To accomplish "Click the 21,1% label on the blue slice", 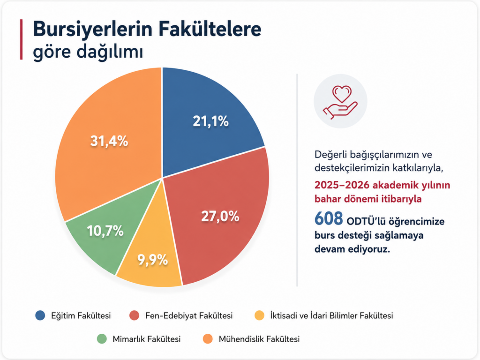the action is pyautogui.click(x=210, y=121).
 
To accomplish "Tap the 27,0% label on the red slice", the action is pyautogui.click(x=220, y=217).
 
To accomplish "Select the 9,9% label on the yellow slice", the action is pyautogui.click(x=152, y=260).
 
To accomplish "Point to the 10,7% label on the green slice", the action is pyautogui.click(x=105, y=231).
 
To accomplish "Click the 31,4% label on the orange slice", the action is pyautogui.click(x=109, y=141).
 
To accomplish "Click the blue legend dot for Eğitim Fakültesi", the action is pyautogui.click(x=40, y=315).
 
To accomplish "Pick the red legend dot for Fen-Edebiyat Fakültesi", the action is pyautogui.click(x=135, y=315).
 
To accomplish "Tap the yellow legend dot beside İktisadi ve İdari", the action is pyautogui.click(x=260, y=315).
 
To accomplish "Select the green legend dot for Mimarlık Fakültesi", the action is pyautogui.click(x=102, y=339).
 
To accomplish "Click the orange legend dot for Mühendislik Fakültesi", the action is pyautogui.click(x=208, y=339).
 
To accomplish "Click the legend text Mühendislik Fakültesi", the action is pyautogui.click(x=259, y=339).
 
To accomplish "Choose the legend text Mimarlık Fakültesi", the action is pyautogui.click(x=147, y=339).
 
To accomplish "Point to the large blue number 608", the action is pyautogui.click(x=329, y=218).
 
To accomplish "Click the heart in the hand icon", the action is pyautogui.click(x=342, y=94).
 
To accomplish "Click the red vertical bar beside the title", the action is pyautogui.click(x=22, y=39).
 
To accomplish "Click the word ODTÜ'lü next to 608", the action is pyautogui.click(x=366, y=221).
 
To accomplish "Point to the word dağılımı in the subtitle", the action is pyautogui.click(x=110, y=52).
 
